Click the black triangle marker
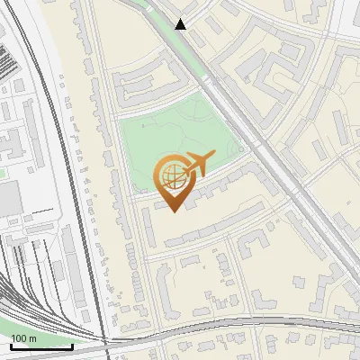pyautogui.click(x=181, y=23)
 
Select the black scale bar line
pyautogui.click(x=40, y=346)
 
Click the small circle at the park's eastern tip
pyautogui.click(x=240, y=150)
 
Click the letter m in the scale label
pyautogui.click(x=32, y=338)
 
